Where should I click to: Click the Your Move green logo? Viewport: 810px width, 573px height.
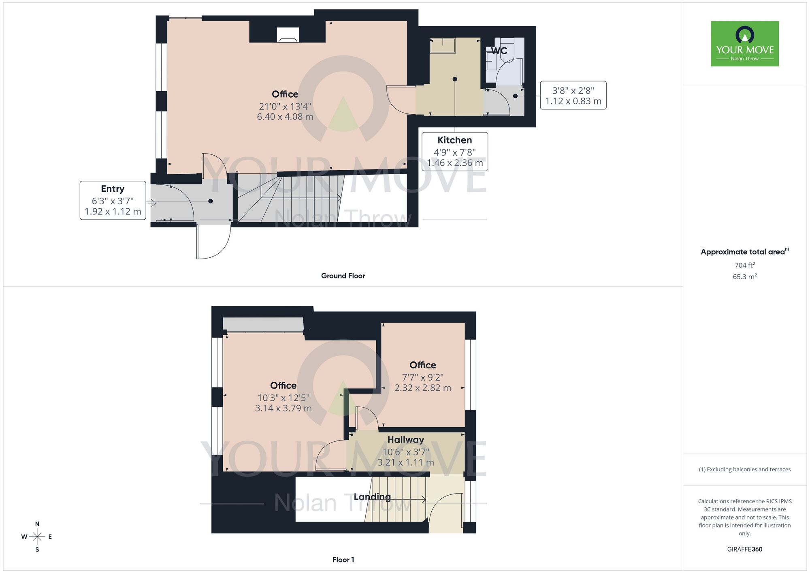pyautogui.click(x=744, y=44)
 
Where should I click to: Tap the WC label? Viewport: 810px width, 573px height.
pyautogui.click(x=499, y=51)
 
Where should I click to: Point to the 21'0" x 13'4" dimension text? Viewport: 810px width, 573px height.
pyautogui.click(x=285, y=107)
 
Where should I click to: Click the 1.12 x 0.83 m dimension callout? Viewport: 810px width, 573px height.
pyautogui.click(x=573, y=101)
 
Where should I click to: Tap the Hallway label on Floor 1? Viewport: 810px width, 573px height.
pyautogui.click(x=405, y=440)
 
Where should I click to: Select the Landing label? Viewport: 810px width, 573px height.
pyautogui.click(x=372, y=497)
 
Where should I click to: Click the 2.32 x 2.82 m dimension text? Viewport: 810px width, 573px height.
pyautogui.click(x=422, y=388)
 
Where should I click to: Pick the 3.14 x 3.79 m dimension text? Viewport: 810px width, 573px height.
pyautogui.click(x=283, y=408)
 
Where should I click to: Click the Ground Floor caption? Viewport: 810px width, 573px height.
pyautogui.click(x=343, y=276)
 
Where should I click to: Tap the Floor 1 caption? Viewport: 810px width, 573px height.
pyautogui.click(x=343, y=560)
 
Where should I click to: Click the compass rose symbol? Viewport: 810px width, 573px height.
pyautogui.click(x=37, y=537)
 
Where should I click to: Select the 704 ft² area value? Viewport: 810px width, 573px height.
pyautogui.click(x=744, y=265)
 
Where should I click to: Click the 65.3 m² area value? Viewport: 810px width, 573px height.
pyautogui.click(x=744, y=277)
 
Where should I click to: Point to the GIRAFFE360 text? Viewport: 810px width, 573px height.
pyautogui.click(x=744, y=549)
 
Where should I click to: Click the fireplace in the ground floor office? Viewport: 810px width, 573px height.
pyautogui.click(x=288, y=35)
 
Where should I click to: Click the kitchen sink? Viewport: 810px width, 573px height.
pyautogui.click(x=443, y=45)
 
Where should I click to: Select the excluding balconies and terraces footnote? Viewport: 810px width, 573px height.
pyautogui.click(x=744, y=469)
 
